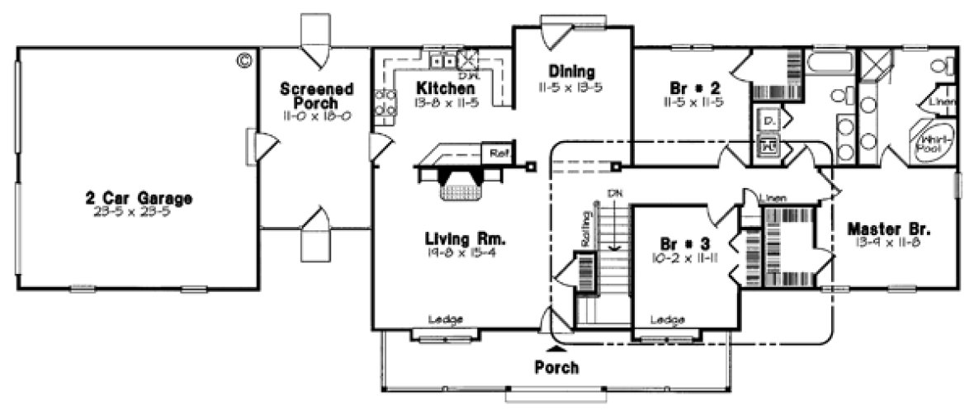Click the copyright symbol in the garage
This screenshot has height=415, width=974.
pyautogui.click(x=244, y=60)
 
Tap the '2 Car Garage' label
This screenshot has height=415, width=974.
pyautogui.click(x=139, y=198)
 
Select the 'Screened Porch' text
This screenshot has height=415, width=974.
pyautogui.click(x=317, y=96)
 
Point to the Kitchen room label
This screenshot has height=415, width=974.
pyautogui.click(x=445, y=88)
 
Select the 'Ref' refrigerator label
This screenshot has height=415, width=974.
pyautogui.click(x=498, y=153)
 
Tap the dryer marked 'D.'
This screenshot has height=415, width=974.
pyautogui.click(x=768, y=122)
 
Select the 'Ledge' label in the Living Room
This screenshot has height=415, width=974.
pyautogui.click(x=445, y=319)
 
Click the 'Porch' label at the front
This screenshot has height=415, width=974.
pyautogui.click(x=556, y=366)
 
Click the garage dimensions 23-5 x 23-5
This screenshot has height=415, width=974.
pyautogui.click(x=139, y=211)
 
